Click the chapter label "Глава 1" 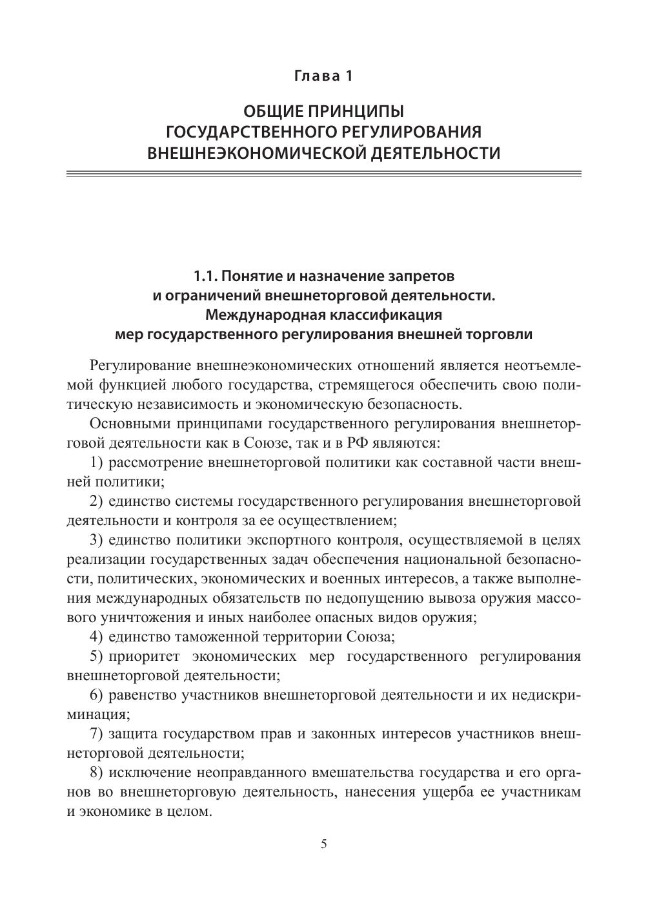click(x=324, y=76)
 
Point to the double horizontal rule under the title click(x=324, y=174)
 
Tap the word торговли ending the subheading click(x=505, y=335)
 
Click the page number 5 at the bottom click(x=324, y=844)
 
